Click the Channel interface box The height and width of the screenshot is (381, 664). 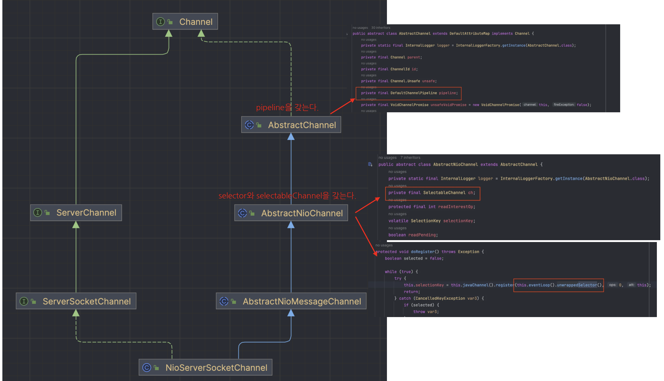(x=185, y=22)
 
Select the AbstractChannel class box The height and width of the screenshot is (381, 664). (x=291, y=125)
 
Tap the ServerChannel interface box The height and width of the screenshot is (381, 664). (x=76, y=213)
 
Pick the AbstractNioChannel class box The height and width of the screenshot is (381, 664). (x=291, y=213)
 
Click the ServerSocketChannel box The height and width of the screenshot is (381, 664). (x=76, y=301)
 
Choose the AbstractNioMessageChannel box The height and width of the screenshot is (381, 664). (x=291, y=301)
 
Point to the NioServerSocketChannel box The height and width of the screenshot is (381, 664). (x=205, y=368)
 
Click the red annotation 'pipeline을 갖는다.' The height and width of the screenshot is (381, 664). (x=287, y=108)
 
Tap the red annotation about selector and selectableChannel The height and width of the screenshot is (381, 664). (x=287, y=196)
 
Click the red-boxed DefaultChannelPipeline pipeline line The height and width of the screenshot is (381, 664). (x=409, y=93)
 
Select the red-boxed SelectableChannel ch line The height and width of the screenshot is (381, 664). (x=432, y=193)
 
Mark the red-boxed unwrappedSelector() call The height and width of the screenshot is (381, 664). (x=559, y=285)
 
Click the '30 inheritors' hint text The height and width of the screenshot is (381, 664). (x=381, y=28)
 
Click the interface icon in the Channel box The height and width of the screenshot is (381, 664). (x=161, y=22)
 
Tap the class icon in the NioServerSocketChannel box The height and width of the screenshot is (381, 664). (x=147, y=368)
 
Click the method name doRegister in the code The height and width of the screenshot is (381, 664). (x=422, y=252)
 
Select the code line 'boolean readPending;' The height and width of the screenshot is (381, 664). (x=413, y=235)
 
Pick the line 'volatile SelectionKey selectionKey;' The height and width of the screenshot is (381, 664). (x=432, y=221)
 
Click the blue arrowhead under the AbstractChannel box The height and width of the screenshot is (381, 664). (x=291, y=137)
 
